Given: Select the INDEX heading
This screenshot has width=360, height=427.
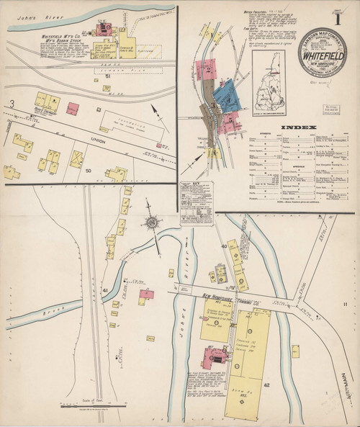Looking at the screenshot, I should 297,127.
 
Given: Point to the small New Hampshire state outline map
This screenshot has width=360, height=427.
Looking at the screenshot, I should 266,94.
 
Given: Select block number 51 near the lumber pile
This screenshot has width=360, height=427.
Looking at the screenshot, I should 108,75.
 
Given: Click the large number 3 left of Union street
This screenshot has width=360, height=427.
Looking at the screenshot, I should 12,104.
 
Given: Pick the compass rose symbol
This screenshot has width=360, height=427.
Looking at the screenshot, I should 153,223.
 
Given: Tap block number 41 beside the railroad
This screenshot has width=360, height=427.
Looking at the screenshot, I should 105,290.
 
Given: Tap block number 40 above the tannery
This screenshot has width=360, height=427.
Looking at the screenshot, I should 224,246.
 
